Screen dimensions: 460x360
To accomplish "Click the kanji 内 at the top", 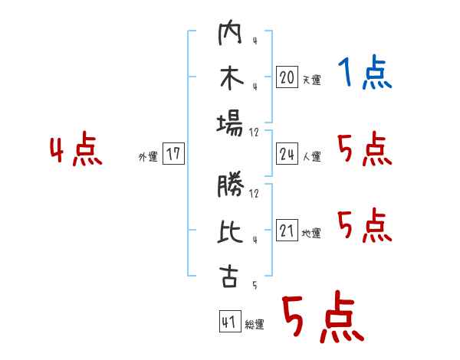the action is pos(230,32).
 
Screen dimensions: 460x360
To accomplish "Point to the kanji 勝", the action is pos(231,184).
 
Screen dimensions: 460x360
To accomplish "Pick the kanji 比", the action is pos(230,231).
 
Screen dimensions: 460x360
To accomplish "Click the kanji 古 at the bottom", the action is pos(229,277).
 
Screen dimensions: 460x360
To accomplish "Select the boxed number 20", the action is pos(287,77).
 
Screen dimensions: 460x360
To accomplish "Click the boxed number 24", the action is pos(287,153).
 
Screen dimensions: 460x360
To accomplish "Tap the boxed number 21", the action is pos(287,230).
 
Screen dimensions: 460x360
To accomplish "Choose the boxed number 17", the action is pos(173,153).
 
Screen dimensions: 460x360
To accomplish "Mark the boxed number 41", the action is pos(230,321).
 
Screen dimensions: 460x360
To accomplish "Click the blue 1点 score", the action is pos(365,72).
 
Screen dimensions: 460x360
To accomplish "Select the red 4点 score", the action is pos(76,149).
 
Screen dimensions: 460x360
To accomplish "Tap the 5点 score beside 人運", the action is pos(365,149).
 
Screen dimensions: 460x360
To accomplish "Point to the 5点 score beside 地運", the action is pos(365,225).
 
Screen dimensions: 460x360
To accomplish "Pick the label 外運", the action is pos(148,157).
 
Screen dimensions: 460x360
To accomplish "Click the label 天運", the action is pos(312,80).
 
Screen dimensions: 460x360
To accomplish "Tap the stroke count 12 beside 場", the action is pos(254,133).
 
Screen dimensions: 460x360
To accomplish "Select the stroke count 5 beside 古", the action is pos(255,285).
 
